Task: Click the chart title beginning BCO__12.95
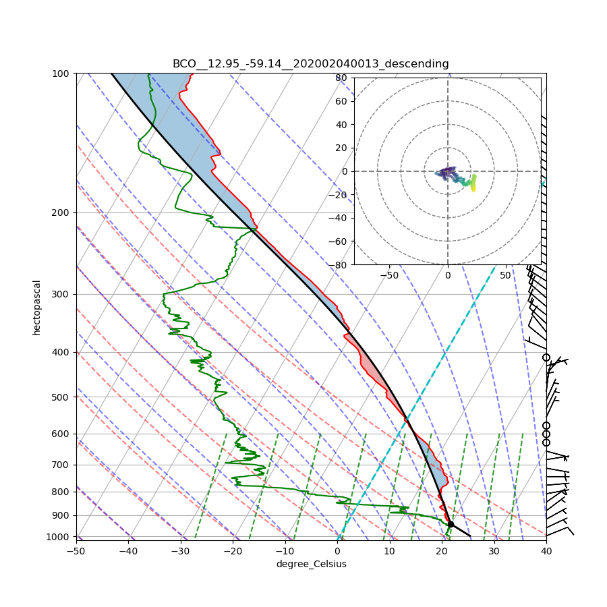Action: pyautogui.click(x=310, y=64)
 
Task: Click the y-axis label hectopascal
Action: pyautogui.click(x=36, y=308)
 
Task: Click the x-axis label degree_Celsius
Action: pyautogui.click(x=311, y=564)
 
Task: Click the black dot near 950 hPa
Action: pyautogui.click(x=451, y=524)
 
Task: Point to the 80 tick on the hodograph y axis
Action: pyautogui.click(x=341, y=78)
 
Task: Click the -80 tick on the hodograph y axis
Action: pyautogui.click(x=339, y=265)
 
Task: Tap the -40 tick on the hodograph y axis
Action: pyautogui.click(x=339, y=218)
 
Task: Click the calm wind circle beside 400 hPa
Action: pyautogui.click(x=546, y=357)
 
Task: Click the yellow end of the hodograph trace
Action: pyautogui.click(x=473, y=190)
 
